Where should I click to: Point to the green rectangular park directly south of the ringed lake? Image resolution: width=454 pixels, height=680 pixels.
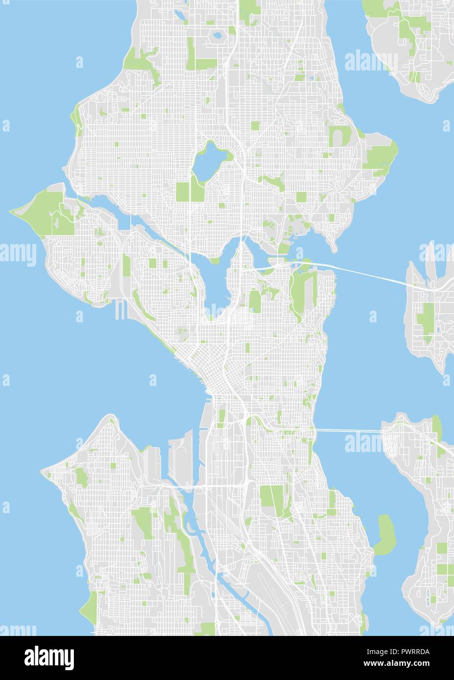(184, 192)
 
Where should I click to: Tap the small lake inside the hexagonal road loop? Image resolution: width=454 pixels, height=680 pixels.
(216, 35)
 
